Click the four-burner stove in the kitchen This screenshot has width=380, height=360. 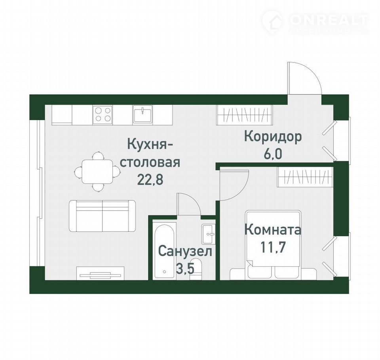click(103, 115)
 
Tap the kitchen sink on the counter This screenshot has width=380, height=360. click(142, 115)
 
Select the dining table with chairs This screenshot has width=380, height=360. click(97, 172)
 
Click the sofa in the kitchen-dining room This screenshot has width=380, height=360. click(102, 216)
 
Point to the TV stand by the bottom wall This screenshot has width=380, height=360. click(100, 273)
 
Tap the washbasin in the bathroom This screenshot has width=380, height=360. click(209, 234)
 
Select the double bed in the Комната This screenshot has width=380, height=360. click(273, 244)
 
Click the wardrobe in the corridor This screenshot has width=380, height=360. click(245, 115)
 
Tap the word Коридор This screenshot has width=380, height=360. click(273, 136)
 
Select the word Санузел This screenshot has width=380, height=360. click(185, 252)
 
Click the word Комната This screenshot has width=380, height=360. click(273, 230)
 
